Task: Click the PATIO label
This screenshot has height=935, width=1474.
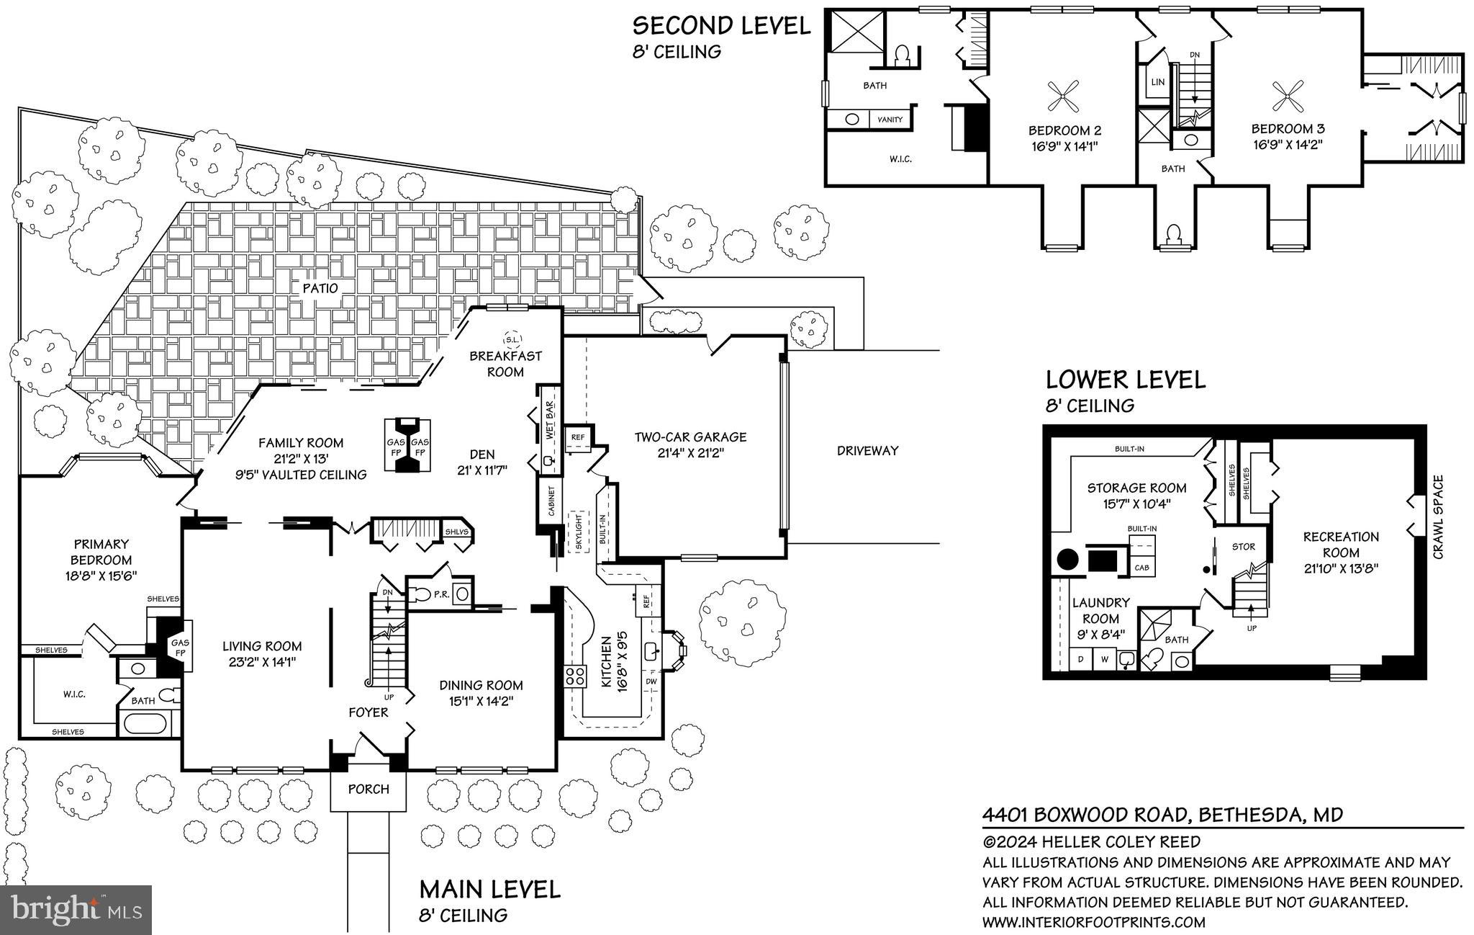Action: [320, 288]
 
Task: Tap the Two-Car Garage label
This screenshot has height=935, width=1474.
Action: [690, 444]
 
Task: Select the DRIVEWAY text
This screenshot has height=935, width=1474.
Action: [867, 451]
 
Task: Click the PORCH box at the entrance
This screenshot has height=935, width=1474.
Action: [368, 789]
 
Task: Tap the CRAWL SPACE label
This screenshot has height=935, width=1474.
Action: [1438, 516]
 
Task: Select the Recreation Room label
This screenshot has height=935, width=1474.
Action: [1341, 545]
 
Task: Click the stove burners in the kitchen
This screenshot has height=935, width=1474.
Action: [575, 676]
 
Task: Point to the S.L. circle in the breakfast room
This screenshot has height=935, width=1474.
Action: [512, 339]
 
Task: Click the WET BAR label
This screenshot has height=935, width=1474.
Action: [549, 421]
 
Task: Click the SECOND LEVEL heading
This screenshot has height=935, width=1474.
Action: [721, 26]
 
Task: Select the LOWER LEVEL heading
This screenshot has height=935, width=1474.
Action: [1125, 380]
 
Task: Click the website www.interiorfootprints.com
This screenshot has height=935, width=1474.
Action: [1093, 922]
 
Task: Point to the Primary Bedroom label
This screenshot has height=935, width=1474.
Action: [101, 560]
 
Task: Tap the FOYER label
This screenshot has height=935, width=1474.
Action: [368, 712]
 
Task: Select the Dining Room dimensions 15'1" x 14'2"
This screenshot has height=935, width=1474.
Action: [481, 699]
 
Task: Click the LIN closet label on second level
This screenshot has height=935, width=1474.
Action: [1157, 82]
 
